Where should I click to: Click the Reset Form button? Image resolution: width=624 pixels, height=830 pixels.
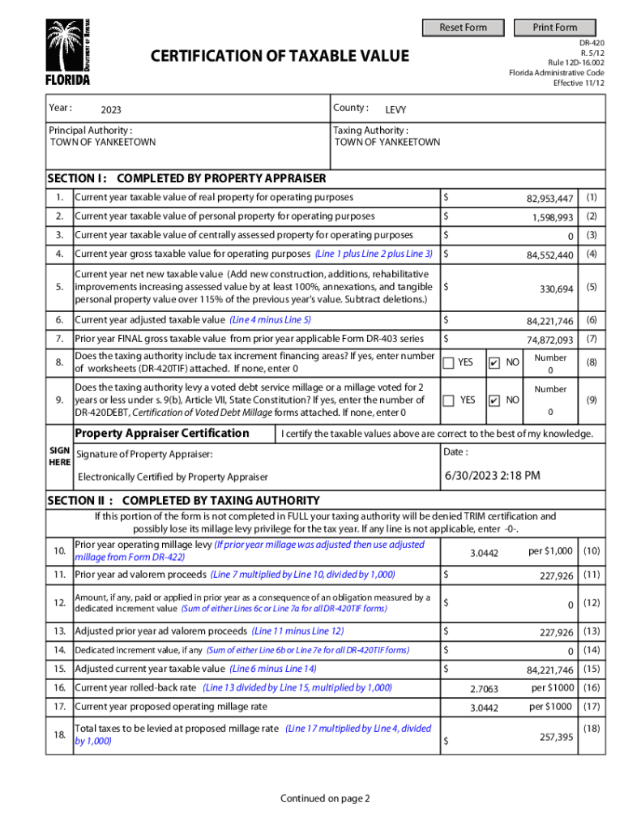(464, 28)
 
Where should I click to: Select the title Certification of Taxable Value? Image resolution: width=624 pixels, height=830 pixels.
(280, 56)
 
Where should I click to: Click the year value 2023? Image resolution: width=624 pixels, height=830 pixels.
(111, 110)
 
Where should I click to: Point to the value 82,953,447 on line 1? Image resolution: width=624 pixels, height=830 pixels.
(550, 199)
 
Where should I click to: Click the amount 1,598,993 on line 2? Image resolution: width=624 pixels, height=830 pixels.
(553, 217)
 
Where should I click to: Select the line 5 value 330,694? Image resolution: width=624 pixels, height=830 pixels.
(557, 289)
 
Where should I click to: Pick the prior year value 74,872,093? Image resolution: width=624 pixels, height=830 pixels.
(550, 340)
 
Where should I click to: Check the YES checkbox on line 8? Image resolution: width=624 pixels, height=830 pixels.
(448, 362)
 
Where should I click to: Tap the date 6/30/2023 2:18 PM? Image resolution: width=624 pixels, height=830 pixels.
(492, 476)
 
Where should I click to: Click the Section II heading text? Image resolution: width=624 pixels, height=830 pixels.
(183, 500)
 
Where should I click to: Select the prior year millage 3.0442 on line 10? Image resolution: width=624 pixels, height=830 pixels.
(484, 553)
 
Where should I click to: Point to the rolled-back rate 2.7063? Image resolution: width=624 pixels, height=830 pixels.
(484, 689)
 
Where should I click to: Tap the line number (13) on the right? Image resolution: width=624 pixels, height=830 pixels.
(592, 631)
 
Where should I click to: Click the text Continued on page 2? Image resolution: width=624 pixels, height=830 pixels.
(325, 798)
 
